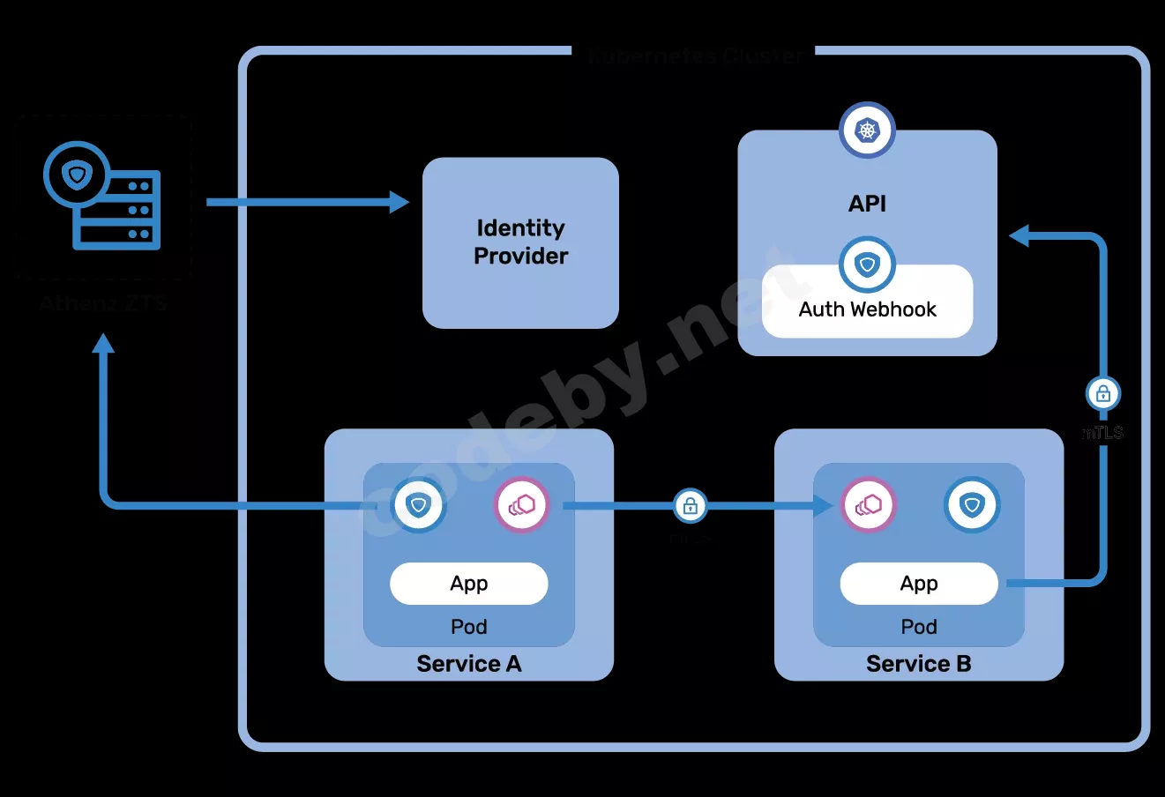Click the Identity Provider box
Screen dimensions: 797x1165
point(520,242)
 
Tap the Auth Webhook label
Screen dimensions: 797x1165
point(867,309)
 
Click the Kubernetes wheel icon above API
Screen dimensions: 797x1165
point(867,130)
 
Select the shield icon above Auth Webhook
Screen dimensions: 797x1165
point(867,264)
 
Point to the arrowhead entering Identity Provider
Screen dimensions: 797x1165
point(400,203)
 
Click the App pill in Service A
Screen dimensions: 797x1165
point(468,584)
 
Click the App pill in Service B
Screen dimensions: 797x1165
point(918,584)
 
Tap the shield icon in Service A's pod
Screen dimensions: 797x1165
point(418,506)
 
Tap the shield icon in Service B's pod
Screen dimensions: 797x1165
point(972,505)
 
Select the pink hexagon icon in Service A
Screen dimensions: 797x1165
point(521,506)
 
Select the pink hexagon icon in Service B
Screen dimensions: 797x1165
point(868,505)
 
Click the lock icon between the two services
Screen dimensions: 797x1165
point(691,506)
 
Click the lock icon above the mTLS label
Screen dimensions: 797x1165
point(1102,393)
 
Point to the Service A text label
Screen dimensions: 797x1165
point(468,664)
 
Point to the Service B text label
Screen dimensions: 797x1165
point(918,664)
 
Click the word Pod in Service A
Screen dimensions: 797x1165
point(468,627)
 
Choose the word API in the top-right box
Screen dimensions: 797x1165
point(867,204)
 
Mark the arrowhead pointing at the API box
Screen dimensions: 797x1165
point(1019,235)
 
